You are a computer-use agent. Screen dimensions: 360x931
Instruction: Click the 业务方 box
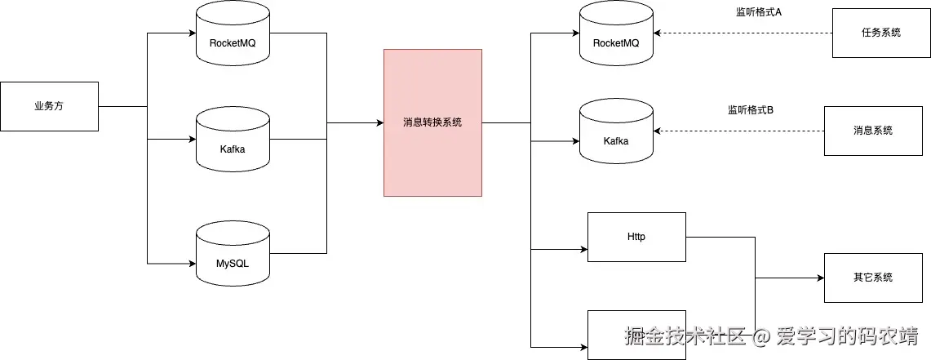[49, 106]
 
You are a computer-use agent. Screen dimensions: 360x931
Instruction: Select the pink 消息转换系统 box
[432, 122]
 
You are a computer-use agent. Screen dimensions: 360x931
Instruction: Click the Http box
[636, 237]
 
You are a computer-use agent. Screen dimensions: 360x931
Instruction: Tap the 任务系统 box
[880, 33]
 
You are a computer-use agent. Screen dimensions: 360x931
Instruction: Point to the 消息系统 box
[872, 131]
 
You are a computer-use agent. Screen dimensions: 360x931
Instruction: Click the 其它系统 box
[872, 278]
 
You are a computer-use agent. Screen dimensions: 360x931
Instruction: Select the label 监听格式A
[759, 12]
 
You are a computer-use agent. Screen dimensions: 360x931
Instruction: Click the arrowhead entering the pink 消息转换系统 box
[379, 122]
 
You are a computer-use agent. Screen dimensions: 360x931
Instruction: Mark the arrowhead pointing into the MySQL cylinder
[192, 263]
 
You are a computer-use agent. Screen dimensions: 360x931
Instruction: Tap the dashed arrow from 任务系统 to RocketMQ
[743, 33]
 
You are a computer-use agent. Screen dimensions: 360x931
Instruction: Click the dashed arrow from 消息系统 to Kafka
[738, 131]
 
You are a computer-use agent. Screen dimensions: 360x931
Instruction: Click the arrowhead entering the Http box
[583, 248]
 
